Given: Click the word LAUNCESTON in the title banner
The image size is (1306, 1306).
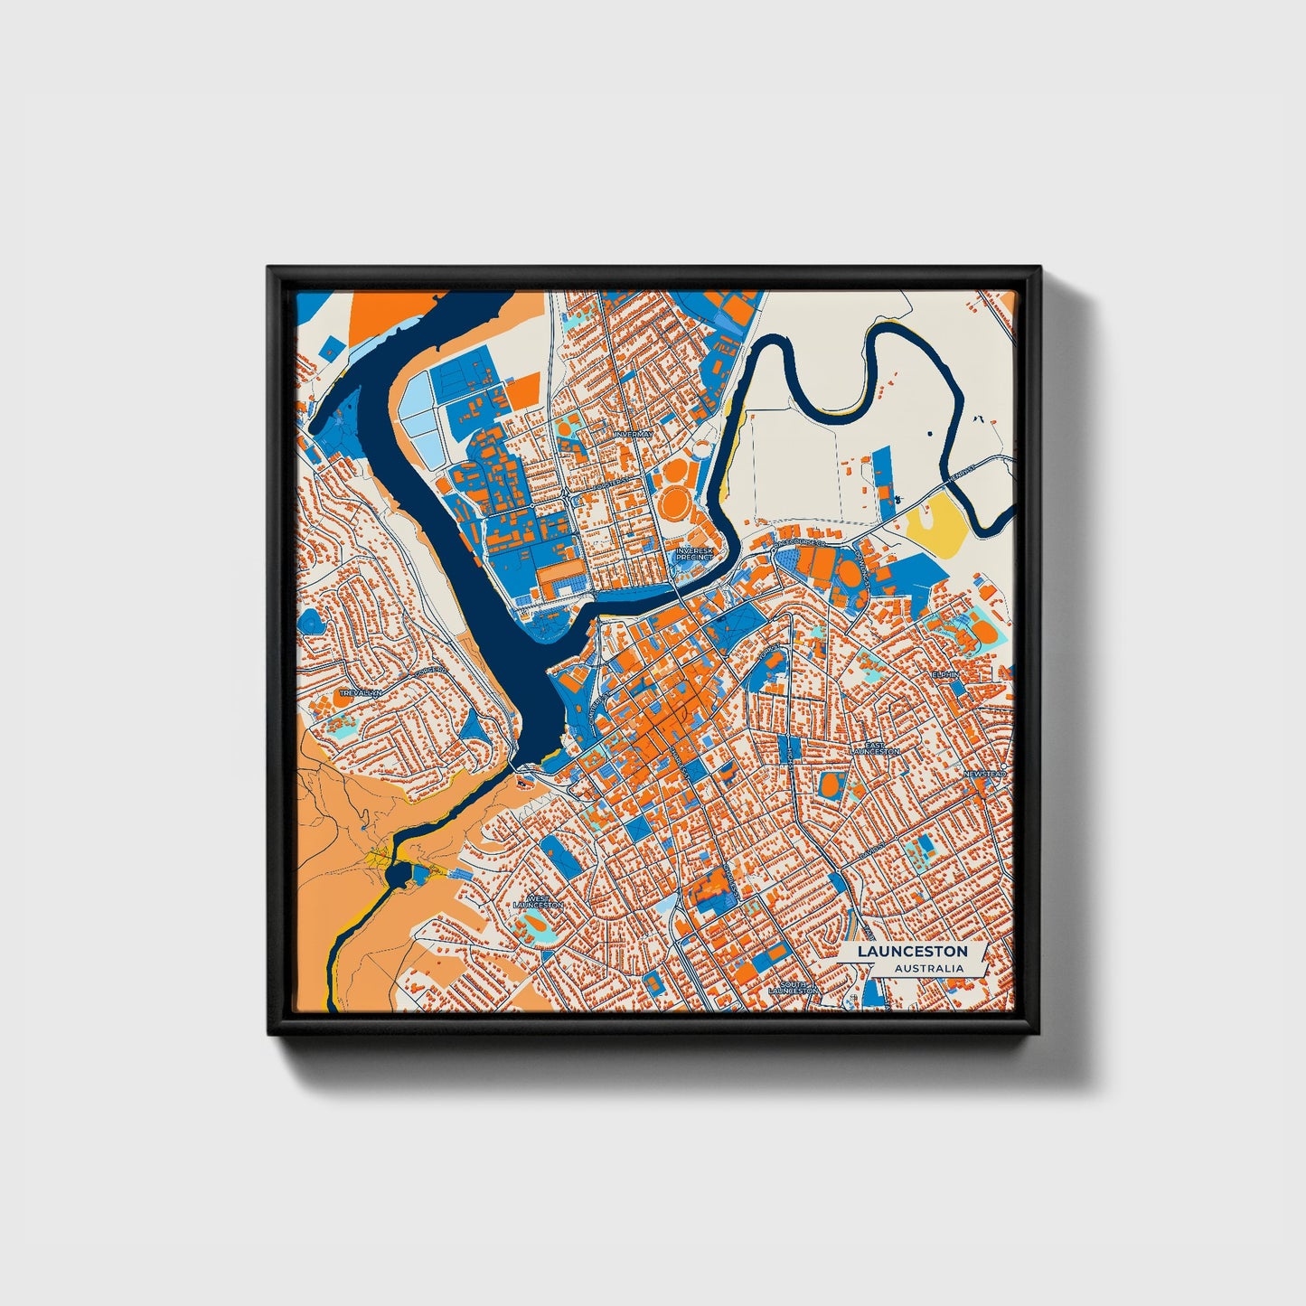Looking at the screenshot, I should (912, 951).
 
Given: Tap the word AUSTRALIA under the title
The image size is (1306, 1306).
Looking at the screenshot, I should (928, 968).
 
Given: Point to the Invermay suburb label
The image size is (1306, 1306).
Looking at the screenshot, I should (632, 435).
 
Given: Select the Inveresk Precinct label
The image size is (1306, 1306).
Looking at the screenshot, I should (694, 553).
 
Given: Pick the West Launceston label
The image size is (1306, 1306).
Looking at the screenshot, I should (538, 901).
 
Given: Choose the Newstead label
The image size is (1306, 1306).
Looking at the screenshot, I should (983, 775).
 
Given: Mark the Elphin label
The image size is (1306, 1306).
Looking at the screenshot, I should (945, 674).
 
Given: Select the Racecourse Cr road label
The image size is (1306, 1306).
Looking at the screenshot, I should (802, 543).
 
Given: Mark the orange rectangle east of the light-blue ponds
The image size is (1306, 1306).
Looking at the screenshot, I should (521, 391).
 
